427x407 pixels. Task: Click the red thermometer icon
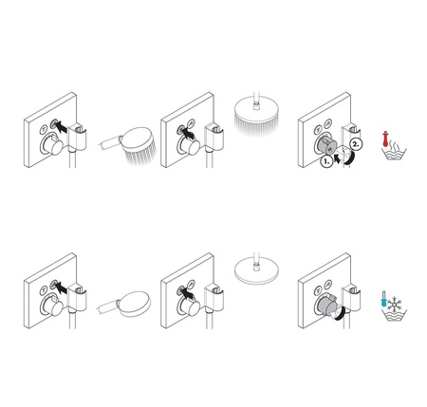pos(385,139)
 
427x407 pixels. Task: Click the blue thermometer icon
pos(385,300)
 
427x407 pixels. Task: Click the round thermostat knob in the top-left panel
pos(54,148)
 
